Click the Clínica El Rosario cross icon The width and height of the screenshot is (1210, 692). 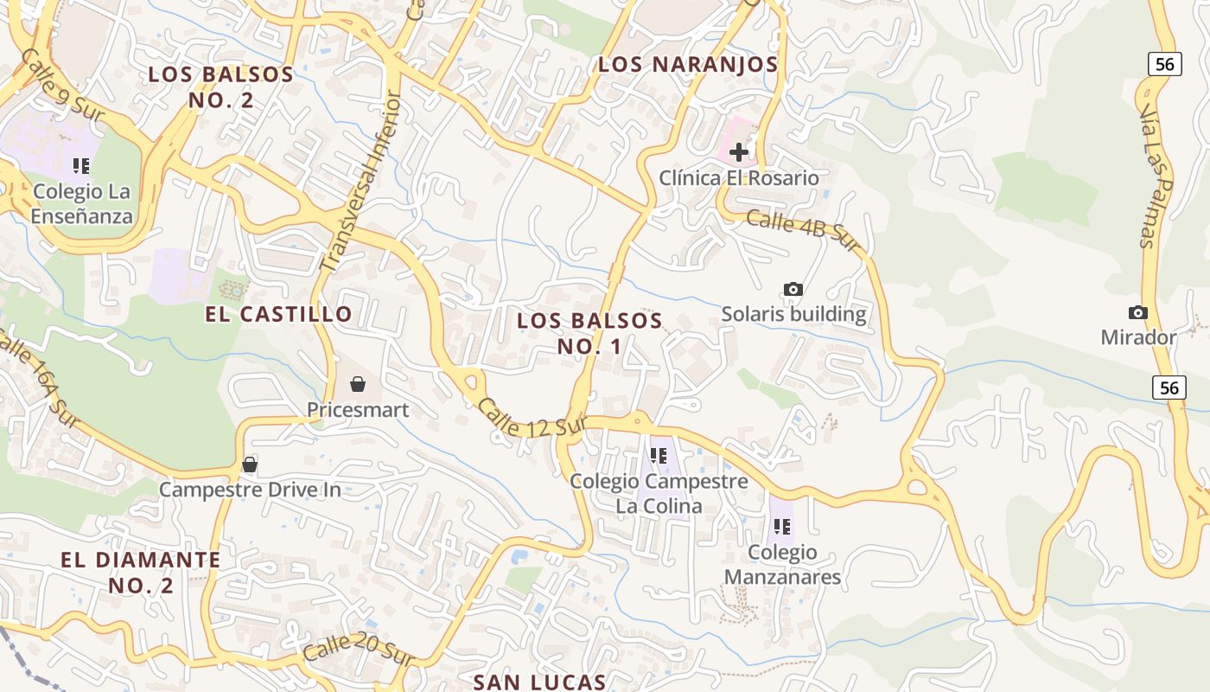point(739,153)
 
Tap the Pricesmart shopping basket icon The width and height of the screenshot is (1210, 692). point(357,383)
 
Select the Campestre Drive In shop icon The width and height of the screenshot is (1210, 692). point(250,465)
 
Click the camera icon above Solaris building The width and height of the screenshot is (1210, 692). point(793,289)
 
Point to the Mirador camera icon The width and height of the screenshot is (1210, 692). point(1138,312)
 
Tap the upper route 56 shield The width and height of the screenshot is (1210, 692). point(1165,63)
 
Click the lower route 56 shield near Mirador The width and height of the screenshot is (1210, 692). point(1169,388)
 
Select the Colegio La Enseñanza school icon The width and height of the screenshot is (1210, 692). point(81,165)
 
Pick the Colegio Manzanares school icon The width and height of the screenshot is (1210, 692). point(782,526)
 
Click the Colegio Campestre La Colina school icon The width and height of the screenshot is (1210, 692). point(659,455)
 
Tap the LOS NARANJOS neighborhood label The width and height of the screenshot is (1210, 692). point(688,64)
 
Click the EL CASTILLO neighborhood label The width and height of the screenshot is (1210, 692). point(278,314)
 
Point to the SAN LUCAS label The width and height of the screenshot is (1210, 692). point(539,682)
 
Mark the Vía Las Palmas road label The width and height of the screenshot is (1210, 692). point(1156,177)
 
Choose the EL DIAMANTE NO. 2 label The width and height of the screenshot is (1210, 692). point(141,572)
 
